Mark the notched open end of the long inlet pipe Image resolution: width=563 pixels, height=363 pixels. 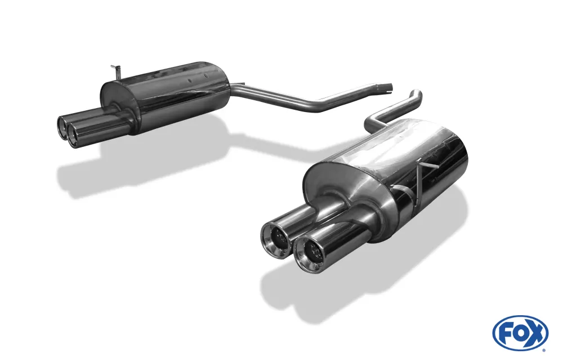388,88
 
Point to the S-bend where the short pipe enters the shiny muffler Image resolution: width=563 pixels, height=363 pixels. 374,119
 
